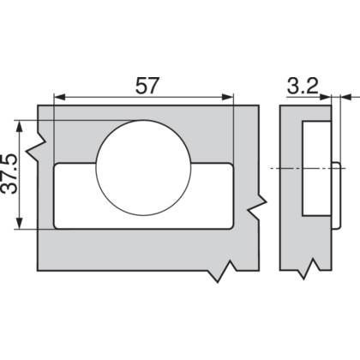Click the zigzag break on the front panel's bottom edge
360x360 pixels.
[225, 273]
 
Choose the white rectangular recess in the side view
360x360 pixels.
[315, 169]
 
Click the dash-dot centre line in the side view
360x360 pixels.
[291, 169]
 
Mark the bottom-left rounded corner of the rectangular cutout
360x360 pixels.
[57, 225]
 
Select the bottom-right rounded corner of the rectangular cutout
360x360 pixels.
[230, 225]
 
